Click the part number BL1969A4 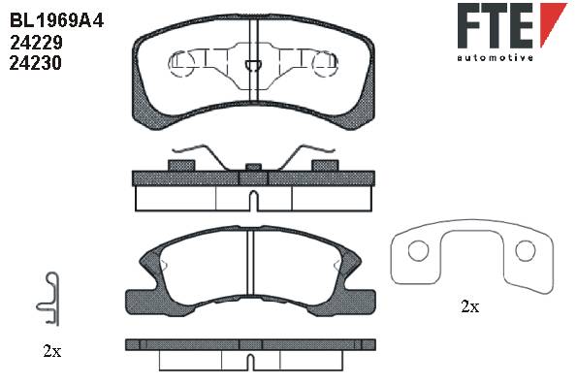tap(56, 20)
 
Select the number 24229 tap(36, 43)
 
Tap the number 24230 tap(35, 63)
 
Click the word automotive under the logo tap(496, 57)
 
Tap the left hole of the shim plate tap(418, 250)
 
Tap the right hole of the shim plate tap(525, 250)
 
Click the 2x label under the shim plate tap(470, 306)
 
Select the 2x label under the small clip tap(52, 351)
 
